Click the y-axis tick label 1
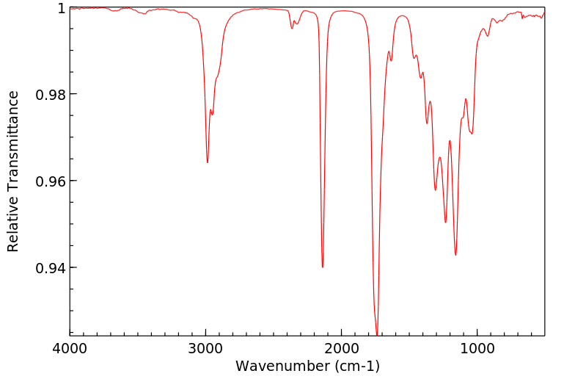point(61,8)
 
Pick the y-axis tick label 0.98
point(51,95)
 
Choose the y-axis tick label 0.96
point(51,181)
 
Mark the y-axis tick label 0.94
point(51,267)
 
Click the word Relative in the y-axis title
point(13,226)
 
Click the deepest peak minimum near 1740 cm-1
point(377,334)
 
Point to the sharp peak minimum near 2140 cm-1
point(323,267)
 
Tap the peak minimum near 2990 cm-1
point(208,162)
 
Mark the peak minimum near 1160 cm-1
point(455,255)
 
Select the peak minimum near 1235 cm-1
point(445,223)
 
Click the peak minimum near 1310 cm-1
point(435,190)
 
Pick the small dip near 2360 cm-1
point(292,28)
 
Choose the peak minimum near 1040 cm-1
point(472,134)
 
